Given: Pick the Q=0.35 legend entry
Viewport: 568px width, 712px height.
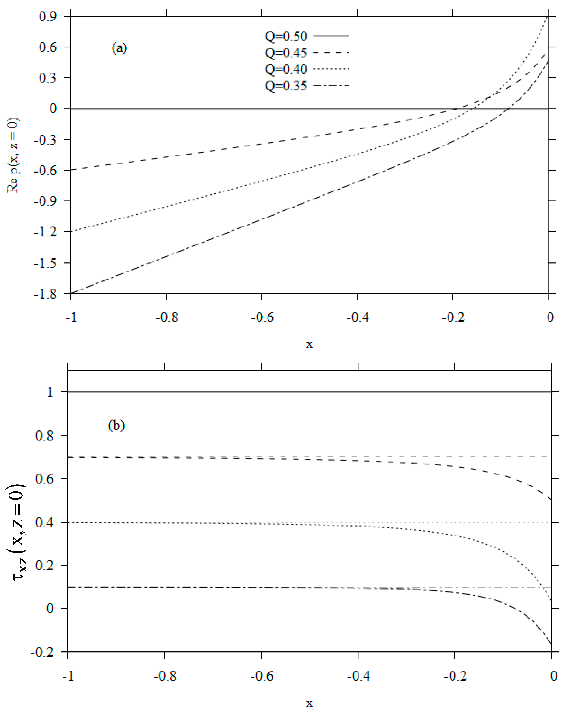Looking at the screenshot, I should [x=286, y=86].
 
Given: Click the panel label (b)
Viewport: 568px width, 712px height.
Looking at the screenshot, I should [x=116, y=425].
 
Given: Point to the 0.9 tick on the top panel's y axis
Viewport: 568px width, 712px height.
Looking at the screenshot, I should [x=48, y=16].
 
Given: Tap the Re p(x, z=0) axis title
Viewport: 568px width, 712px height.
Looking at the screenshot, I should [x=13, y=155].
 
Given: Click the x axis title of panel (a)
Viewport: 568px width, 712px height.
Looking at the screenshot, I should [x=309, y=344].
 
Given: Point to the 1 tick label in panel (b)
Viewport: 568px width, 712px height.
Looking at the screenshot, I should [x=50, y=392].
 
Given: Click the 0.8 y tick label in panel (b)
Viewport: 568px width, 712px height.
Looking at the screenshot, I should [x=44, y=436].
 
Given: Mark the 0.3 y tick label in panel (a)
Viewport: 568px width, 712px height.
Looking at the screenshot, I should [x=48, y=78].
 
